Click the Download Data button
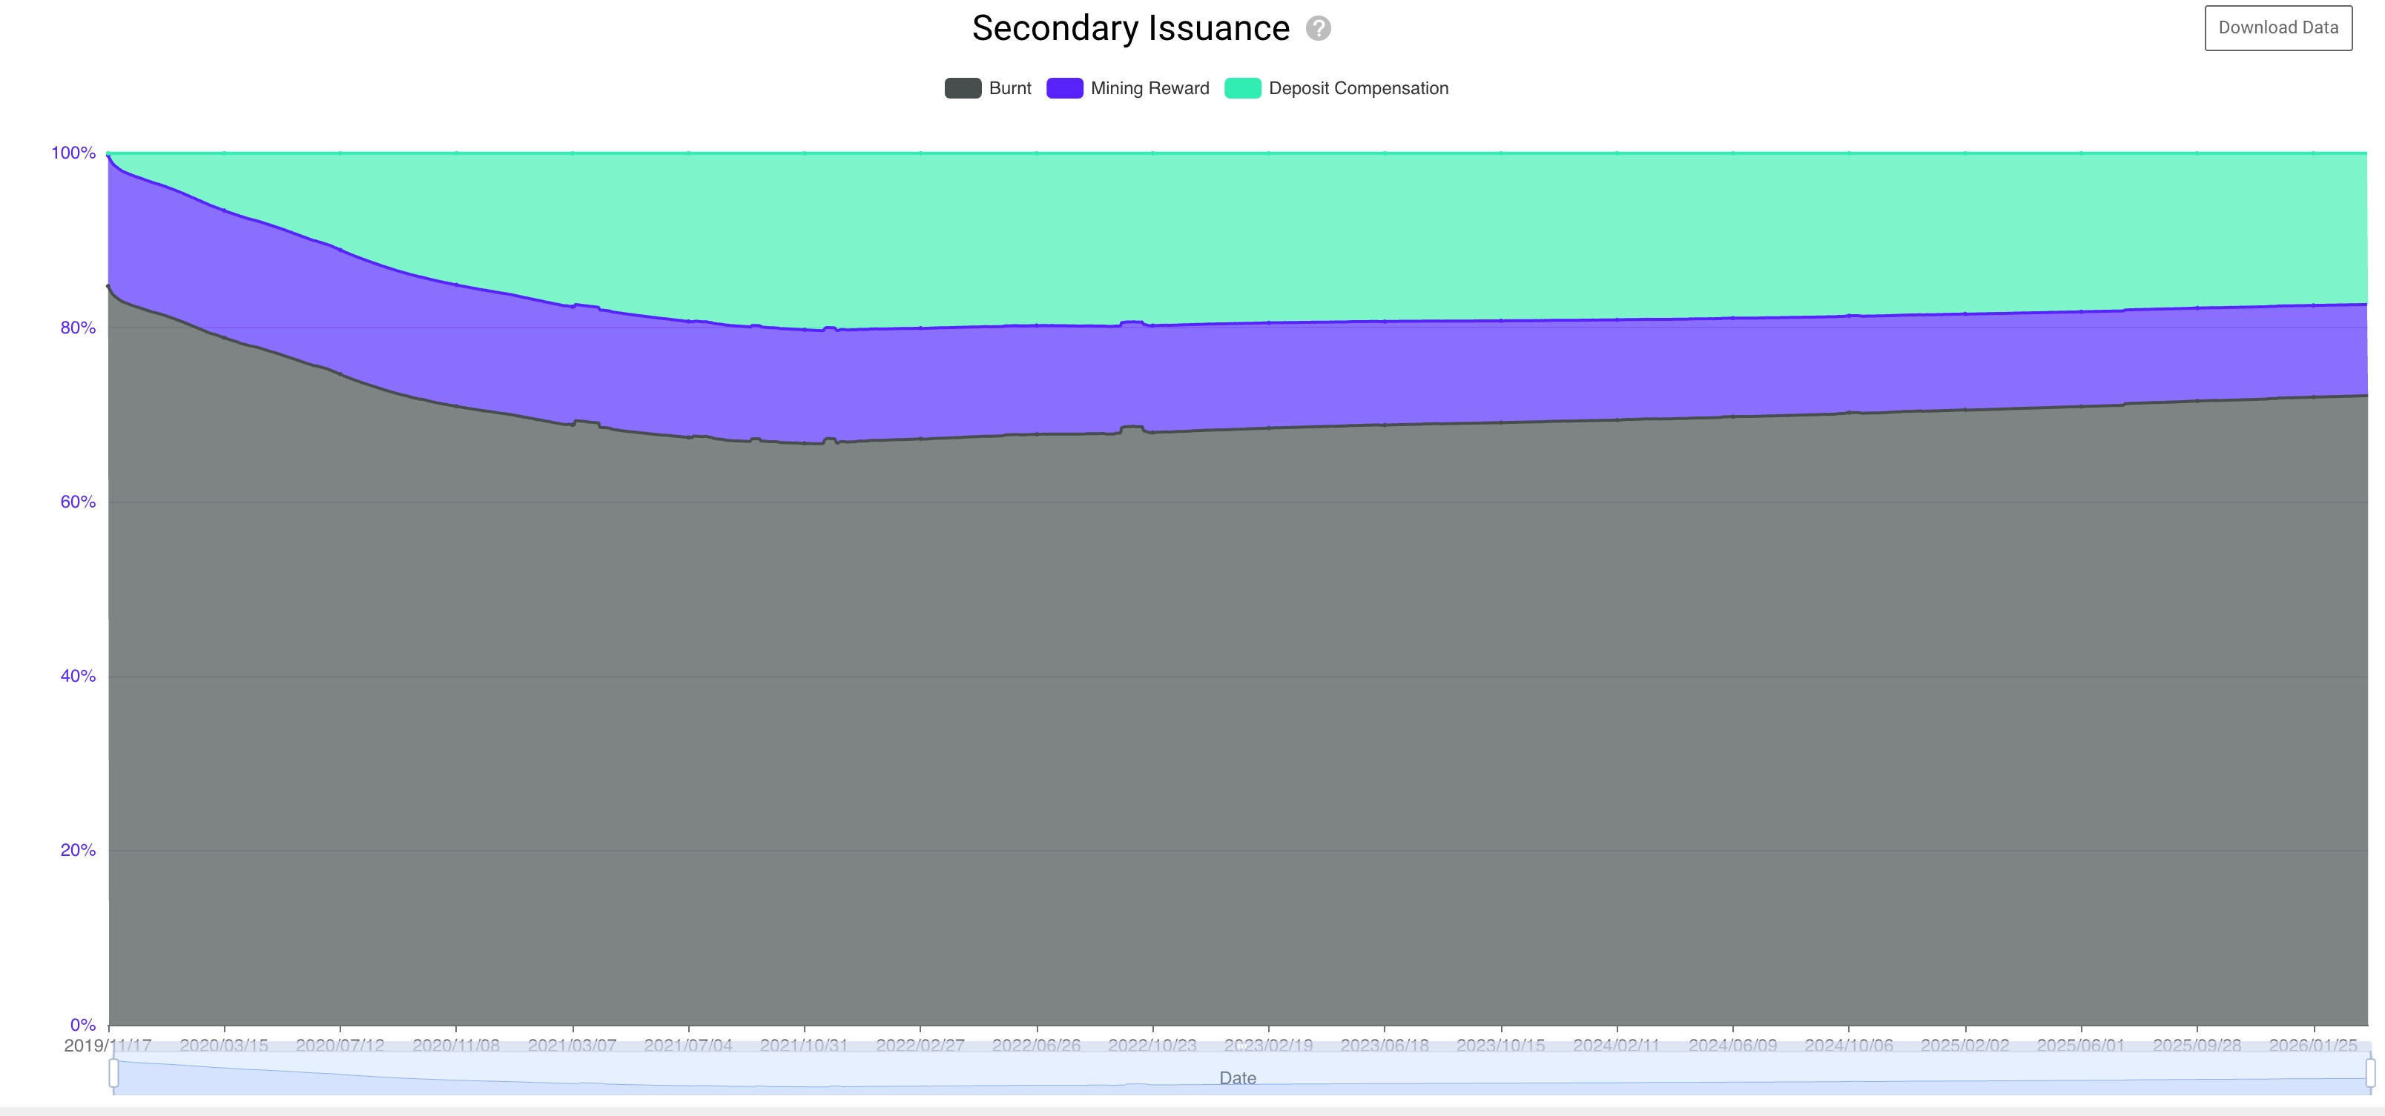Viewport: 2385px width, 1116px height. [2277, 27]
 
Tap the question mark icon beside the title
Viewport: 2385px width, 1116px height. [1318, 29]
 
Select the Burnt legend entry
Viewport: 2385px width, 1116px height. [988, 88]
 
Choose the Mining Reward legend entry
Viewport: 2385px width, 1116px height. [1128, 88]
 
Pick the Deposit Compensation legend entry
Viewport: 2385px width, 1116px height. [1336, 88]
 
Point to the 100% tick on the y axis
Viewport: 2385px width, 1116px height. [73, 153]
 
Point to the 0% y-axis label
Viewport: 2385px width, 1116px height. [82, 1024]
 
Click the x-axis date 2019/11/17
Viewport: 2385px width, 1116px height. [108, 1046]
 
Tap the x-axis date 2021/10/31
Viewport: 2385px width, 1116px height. [804, 1046]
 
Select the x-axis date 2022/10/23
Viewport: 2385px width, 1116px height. [1152, 1046]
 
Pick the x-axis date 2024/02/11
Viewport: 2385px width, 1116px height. [1617, 1046]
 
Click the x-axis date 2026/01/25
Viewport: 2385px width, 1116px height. [2313, 1046]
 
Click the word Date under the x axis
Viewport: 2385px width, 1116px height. [1237, 1078]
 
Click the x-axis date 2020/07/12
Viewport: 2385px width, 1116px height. [340, 1046]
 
